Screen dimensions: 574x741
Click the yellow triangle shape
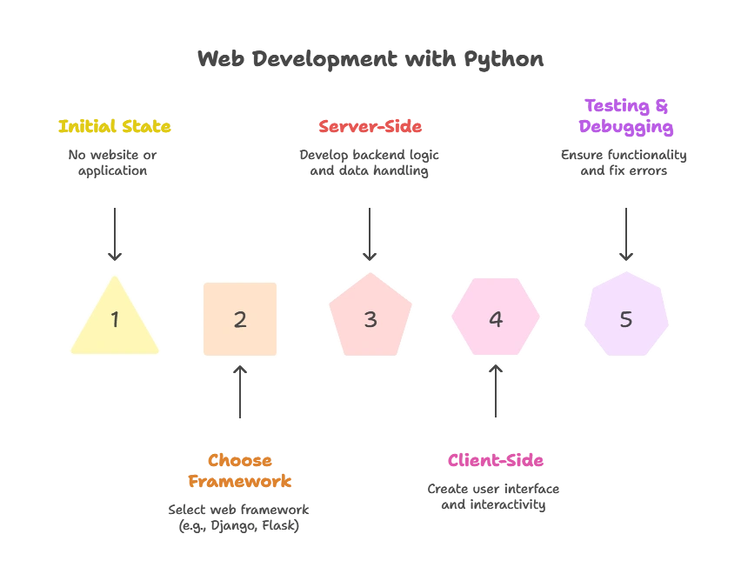pos(114,322)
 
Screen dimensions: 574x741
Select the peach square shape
pos(240,319)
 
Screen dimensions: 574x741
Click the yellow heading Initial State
pos(114,127)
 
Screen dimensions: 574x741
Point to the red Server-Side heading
pos(370,127)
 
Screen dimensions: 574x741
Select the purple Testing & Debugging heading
pos(626,117)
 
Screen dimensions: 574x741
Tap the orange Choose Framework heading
pos(240,471)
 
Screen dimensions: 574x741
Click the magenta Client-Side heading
pos(496,461)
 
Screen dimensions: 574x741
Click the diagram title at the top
pos(370,60)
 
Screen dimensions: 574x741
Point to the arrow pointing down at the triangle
pos(114,231)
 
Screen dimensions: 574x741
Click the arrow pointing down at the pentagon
pos(371,231)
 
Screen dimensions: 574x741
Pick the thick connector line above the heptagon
pos(625,233)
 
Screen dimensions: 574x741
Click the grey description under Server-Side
pos(370,164)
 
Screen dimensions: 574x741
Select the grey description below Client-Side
pos(494,497)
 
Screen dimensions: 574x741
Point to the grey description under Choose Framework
pos(239,517)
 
